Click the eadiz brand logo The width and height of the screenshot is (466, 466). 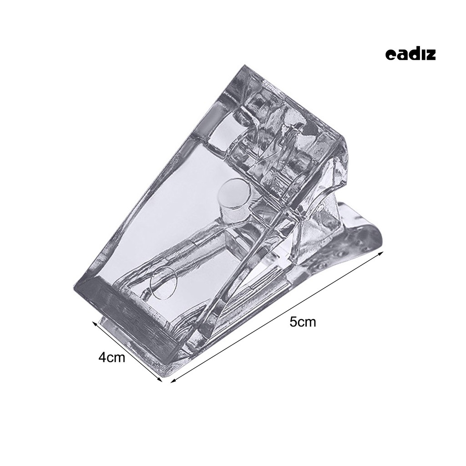(x=410, y=55)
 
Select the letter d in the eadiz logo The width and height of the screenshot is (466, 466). (x=413, y=55)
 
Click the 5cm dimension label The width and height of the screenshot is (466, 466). (x=303, y=322)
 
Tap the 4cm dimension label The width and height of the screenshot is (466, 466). (x=112, y=358)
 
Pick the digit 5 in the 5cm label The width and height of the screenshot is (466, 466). (x=294, y=322)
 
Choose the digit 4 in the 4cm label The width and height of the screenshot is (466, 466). (x=102, y=358)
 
